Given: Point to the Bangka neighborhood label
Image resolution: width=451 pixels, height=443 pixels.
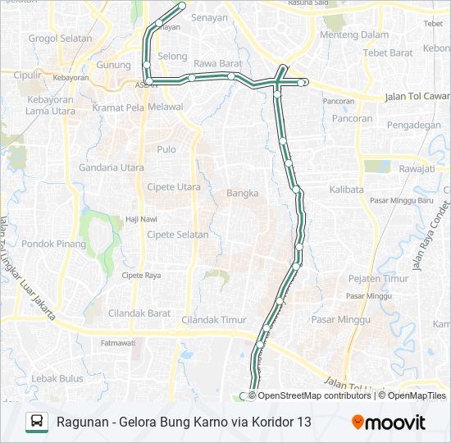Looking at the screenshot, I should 243,194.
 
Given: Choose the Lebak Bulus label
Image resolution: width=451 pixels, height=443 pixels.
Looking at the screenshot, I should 57,378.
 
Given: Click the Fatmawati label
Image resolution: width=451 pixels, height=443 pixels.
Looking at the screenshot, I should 117,343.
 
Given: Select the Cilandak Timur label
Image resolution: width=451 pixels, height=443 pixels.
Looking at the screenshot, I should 214,320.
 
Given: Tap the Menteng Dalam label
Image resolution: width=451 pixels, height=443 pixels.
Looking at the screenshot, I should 354,35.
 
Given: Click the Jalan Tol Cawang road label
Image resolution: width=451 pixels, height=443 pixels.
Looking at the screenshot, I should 417,97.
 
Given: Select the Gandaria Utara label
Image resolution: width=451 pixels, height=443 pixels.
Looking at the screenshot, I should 112,168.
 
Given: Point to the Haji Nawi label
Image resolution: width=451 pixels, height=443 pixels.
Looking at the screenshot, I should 140,218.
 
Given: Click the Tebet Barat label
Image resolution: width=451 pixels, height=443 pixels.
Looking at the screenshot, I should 389,53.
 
